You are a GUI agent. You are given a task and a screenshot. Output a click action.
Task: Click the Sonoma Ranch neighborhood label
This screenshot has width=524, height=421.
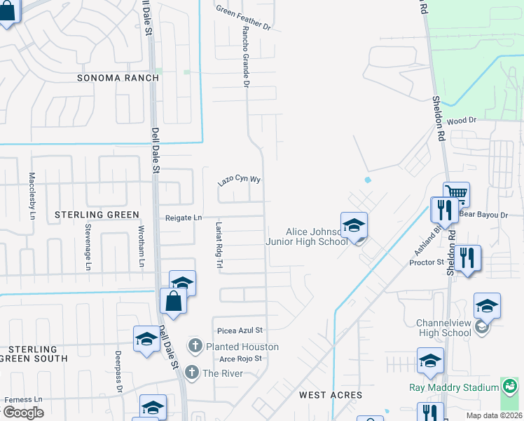click(x=118, y=78)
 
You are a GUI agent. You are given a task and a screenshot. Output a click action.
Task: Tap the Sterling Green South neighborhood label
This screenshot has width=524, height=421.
click(x=34, y=354)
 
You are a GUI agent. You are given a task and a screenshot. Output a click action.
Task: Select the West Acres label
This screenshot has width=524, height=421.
click(x=331, y=395)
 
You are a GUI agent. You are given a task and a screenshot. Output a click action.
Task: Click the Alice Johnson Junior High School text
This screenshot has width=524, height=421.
click(x=306, y=236)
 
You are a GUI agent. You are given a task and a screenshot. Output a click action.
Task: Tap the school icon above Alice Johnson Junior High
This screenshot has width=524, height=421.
click(x=354, y=225)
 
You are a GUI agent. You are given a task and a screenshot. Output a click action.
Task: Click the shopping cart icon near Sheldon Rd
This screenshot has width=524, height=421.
click(x=456, y=193)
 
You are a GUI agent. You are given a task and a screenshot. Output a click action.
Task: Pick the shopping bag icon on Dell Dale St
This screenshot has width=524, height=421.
click(x=173, y=301)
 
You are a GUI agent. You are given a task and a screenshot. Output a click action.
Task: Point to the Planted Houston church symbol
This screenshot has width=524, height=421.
click(x=195, y=346)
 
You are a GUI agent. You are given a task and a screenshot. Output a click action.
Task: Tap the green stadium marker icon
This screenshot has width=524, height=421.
click(x=509, y=386)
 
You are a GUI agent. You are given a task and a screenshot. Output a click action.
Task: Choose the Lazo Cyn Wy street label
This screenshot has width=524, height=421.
click(x=239, y=180)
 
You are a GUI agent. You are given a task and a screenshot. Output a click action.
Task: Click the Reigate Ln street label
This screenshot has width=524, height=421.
click(x=179, y=218)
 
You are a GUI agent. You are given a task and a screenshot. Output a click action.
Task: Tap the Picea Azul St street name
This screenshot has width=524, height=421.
click(x=240, y=330)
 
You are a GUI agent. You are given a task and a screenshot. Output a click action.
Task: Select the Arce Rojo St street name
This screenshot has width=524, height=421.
click(x=240, y=359)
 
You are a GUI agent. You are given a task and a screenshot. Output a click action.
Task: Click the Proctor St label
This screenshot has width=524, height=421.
click(x=427, y=262)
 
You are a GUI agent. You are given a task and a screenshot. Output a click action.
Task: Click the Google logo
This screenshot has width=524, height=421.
click(x=23, y=412)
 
